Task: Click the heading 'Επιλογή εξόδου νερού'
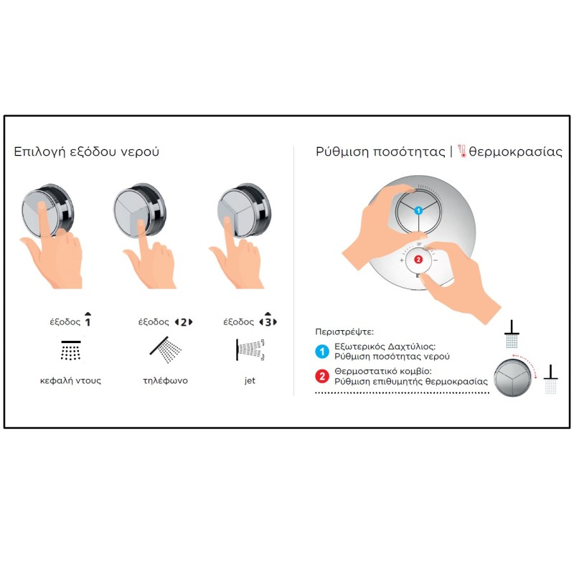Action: click(86, 151)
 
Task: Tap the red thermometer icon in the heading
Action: click(462, 151)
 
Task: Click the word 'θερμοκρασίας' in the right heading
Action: click(515, 151)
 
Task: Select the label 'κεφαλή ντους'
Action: click(70, 381)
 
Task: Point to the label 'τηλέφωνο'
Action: click(165, 381)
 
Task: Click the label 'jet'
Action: click(250, 380)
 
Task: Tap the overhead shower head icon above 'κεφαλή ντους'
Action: click(70, 350)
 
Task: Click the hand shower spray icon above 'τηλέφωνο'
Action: click(166, 349)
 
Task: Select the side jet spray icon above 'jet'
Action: click(250, 350)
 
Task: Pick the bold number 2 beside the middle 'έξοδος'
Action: click(184, 322)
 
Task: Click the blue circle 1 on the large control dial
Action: click(418, 210)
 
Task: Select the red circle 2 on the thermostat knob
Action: click(418, 260)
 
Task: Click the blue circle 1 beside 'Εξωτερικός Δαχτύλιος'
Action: click(322, 352)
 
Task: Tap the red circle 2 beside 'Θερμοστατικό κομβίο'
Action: click(322, 376)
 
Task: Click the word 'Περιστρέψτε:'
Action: click(344, 332)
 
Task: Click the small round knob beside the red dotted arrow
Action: click(512, 378)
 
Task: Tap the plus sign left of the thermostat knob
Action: click(402, 260)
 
